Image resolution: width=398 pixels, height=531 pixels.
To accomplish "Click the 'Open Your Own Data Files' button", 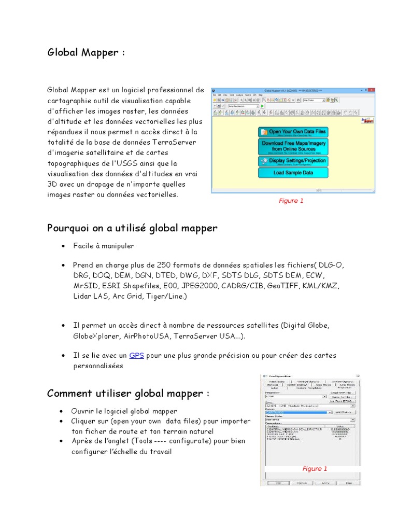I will point(293,132).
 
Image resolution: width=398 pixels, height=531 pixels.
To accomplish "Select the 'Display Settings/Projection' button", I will point(293,161).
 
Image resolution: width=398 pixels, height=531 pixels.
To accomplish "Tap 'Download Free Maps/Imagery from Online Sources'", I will point(293,146).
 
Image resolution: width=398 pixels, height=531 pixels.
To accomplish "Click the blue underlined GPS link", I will point(136,355).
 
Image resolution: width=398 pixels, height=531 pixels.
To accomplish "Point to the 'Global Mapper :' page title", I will point(86,52).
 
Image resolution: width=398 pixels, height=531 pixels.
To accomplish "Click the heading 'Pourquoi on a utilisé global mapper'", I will point(132,228).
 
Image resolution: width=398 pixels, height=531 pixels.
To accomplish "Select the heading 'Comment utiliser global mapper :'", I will point(129,394).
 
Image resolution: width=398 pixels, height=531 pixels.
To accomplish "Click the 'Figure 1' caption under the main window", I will point(291,201).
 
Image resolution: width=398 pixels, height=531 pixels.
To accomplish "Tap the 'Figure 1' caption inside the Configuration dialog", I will point(315,469).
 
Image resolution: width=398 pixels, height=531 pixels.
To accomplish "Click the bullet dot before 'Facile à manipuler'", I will point(63,246).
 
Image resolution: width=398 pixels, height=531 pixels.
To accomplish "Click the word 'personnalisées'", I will point(98,366).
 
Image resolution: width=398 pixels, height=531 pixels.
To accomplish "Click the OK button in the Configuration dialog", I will point(278,482).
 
